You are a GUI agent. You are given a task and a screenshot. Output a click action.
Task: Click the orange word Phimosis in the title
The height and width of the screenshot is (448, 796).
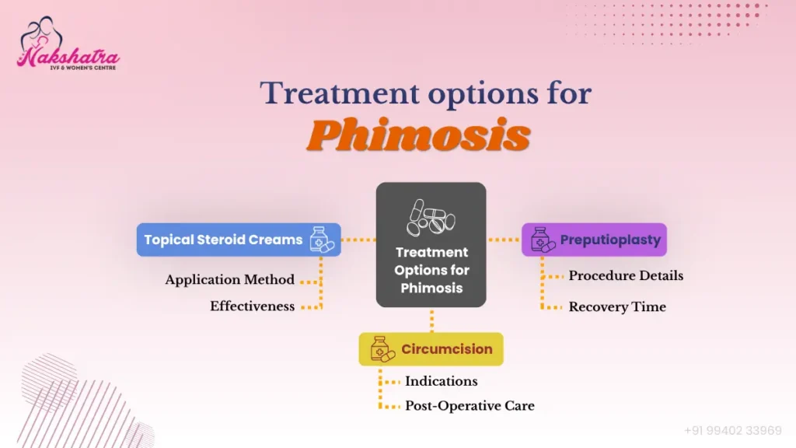pyautogui.click(x=418, y=135)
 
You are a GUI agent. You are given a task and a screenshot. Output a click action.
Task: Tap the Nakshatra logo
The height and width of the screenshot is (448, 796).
pyautogui.click(x=68, y=44)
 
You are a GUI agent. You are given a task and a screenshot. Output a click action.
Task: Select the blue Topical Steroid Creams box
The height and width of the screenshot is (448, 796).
pyautogui.click(x=239, y=240)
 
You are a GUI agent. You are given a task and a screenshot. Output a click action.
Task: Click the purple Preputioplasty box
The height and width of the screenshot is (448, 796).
pyautogui.click(x=594, y=240)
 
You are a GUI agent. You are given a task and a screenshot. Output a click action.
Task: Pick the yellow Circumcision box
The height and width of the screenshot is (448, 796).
pyautogui.click(x=431, y=349)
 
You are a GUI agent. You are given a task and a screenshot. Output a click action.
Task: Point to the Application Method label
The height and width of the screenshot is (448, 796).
pyautogui.click(x=229, y=280)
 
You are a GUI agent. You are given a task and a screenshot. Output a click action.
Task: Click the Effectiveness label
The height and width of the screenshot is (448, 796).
pyautogui.click(x=253, y=306)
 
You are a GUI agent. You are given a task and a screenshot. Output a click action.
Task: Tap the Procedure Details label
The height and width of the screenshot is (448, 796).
pyautogui.click(x=626, y=276)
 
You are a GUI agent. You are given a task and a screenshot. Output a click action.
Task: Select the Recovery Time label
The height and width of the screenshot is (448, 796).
pyautogui.click(x=617, y=306)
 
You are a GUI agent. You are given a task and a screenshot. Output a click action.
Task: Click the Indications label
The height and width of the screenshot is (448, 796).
pyautogui.click(x=442, y=381)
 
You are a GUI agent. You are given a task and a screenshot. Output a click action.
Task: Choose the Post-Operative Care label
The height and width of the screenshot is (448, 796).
pyautogui.click(x=470, y=406)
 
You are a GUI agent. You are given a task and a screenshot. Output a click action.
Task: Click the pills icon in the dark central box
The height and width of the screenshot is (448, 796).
pyautogui.click(x=431, y=218)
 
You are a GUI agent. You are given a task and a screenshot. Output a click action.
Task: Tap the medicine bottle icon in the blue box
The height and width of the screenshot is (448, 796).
pyautogui.click(x=322, y=240)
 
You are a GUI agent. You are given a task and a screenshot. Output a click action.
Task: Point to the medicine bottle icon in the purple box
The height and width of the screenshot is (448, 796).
pyautogui.click(x=543, y=240)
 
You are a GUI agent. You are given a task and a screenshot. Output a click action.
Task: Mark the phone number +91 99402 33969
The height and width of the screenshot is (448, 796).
pyautogui.click(x=732, y=431)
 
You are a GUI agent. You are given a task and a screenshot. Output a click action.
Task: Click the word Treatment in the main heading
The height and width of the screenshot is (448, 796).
pyautogui.click(x=340, y=93)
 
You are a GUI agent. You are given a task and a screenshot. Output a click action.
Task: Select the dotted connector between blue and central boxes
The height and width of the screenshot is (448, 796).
pyautogui.click(x=358, y=240)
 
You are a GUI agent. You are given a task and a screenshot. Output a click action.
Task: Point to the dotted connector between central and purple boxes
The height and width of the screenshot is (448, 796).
pyautogui.click(x=504, y=240)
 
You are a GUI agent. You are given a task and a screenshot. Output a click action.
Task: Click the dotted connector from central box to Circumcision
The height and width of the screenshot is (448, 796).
pyautogui.click(x=432, y=320)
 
